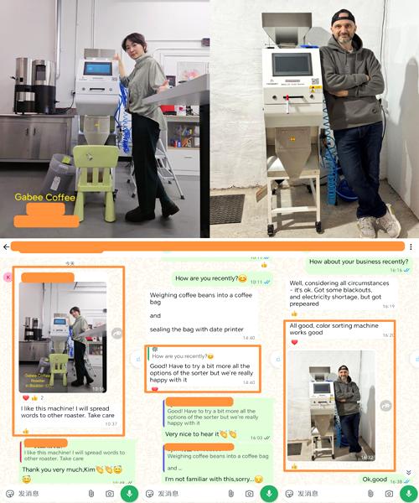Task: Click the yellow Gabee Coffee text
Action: tap(45, 198)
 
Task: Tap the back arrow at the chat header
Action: tap(7, 247)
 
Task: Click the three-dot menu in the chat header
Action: tap(411, 247)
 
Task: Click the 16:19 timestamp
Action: tap(388, 306)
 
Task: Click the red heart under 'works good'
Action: tap(294, 342)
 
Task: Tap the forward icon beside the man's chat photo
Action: tap(385, 406)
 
